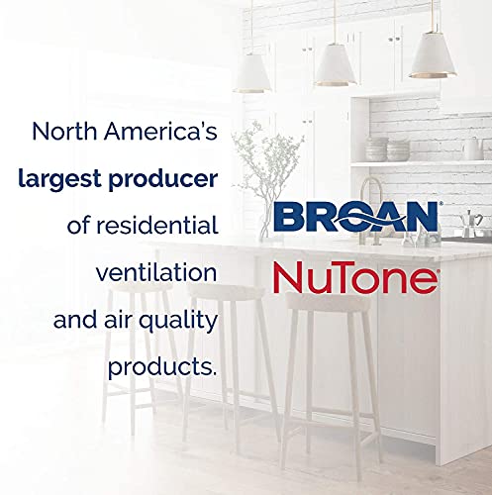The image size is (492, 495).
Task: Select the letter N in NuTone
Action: pos(289,276)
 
